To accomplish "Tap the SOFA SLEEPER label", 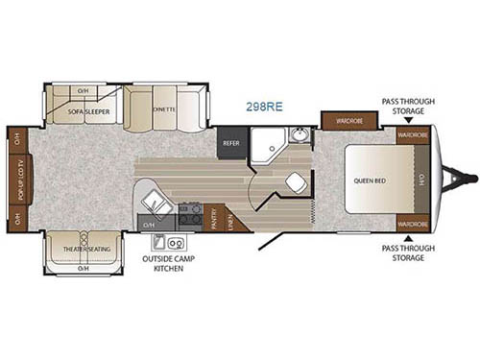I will tap(87, 112).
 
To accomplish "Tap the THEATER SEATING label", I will tap(84, 250).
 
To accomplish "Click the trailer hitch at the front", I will tap(463, 179).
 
